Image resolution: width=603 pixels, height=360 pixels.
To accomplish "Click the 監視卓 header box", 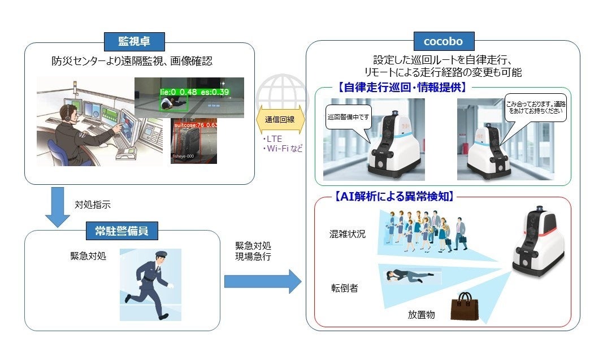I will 133,41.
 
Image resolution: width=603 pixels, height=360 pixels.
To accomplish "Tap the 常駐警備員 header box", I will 122,230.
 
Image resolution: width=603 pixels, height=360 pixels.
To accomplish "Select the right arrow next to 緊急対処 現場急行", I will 263,281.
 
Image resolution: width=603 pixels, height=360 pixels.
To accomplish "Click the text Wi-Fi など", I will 283,149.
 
